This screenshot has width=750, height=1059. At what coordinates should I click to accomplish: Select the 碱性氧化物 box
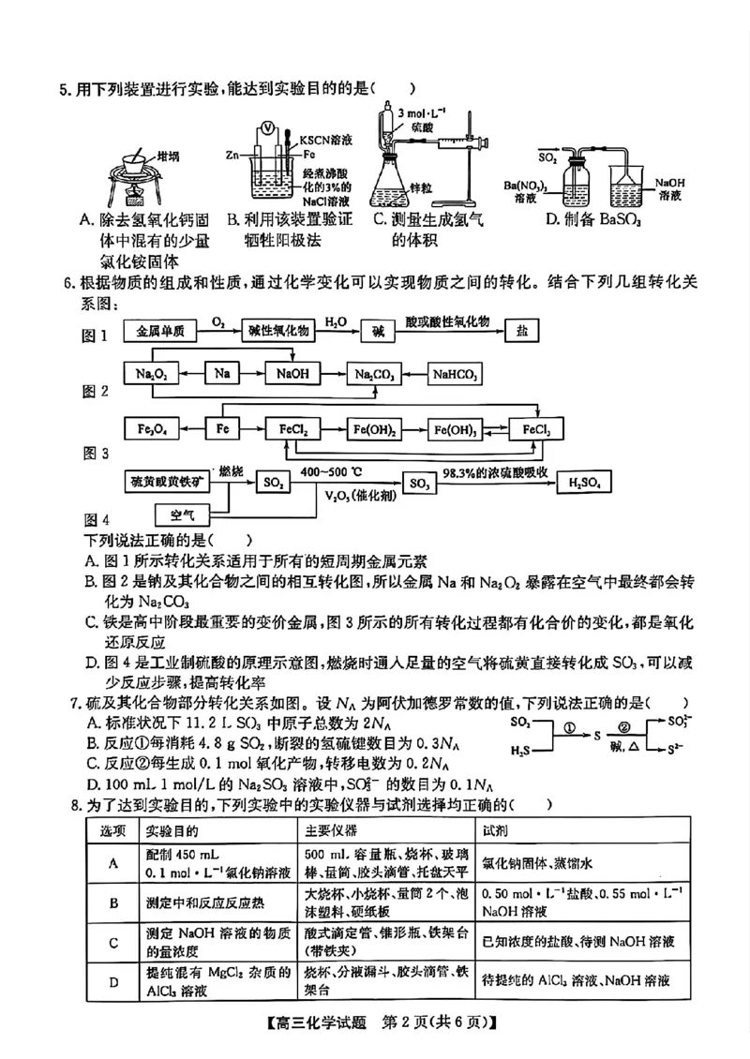click(278, 332)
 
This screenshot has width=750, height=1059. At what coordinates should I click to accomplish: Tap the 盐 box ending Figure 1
click(523, 332)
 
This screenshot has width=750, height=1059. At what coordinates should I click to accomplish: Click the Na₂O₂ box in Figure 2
click(150, 374)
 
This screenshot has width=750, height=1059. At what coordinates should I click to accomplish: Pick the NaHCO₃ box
click(456, 374)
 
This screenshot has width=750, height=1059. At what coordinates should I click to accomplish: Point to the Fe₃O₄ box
click(150, 429)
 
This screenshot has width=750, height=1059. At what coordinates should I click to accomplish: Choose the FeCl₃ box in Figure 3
click(536, 429)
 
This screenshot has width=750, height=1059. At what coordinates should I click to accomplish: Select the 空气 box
click(182, 515)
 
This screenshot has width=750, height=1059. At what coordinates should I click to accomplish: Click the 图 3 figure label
click(97, 454)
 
